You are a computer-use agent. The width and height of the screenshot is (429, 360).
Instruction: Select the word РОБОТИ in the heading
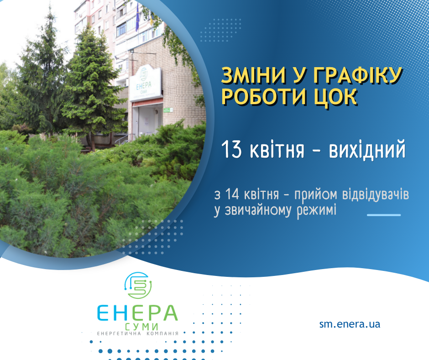(x=263, y=97)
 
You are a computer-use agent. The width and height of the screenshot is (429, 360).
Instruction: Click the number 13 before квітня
(x=231, y=149)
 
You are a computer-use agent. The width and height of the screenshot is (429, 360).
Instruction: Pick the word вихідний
(x=367, y=149)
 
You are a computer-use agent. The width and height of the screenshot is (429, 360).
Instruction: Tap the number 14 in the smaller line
(x=232, y=194)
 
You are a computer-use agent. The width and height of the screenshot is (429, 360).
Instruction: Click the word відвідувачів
(x=376, y=194)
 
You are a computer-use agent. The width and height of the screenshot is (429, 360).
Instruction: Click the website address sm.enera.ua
(x=350, y=324)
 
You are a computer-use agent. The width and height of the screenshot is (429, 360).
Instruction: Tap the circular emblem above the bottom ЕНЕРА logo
(x=138, y=285)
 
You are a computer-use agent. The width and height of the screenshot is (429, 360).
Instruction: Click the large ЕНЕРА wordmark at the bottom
(x=138, y=313)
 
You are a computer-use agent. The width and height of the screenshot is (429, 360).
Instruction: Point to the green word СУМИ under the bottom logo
(x=141, y=327)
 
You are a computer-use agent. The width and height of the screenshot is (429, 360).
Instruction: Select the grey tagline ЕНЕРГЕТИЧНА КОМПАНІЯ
(x=138, y=334)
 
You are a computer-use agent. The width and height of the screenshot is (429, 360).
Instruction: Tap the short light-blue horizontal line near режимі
(x=383, y=215)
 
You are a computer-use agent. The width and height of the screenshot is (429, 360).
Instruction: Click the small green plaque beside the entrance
(x=168, y=110)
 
